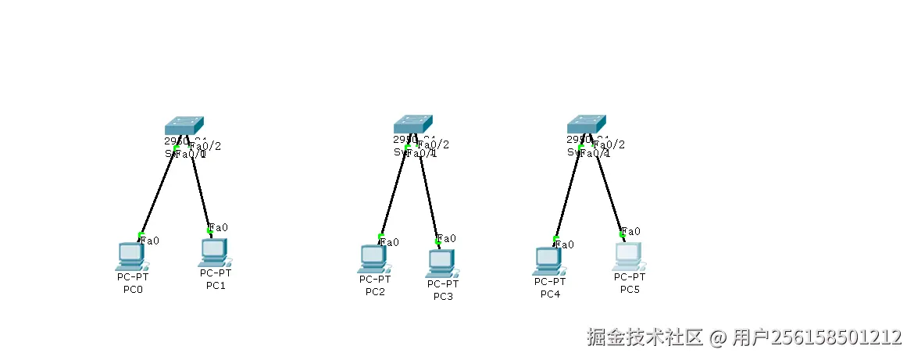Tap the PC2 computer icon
(373, 258)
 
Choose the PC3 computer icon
(441, 263)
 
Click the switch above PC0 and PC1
(184, 126)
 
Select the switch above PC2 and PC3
(413, 125)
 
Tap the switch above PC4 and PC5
(587, 125)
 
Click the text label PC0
(133, 290)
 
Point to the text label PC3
(443, 295)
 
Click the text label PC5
(630, 290)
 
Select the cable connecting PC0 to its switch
(158, 191)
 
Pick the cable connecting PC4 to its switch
(568, 192)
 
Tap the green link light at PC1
(209, 230)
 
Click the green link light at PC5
(622, 233)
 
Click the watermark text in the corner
(744, 337)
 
